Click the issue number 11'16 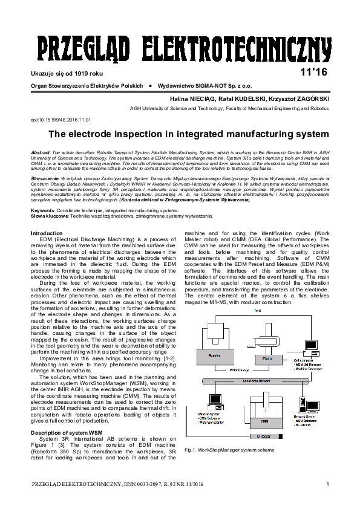(313, 73)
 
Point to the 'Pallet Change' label (239, 369)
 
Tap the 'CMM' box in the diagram (264, 420)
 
